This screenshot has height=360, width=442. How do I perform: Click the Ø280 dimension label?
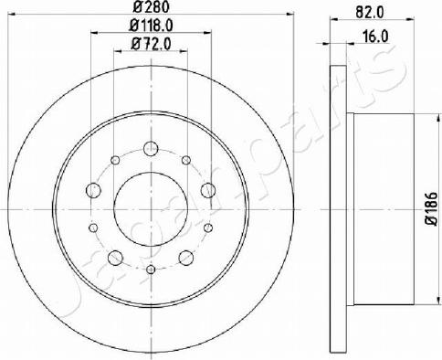151,7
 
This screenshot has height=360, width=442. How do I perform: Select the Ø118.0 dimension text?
151,26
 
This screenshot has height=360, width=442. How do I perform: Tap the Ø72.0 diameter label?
151,44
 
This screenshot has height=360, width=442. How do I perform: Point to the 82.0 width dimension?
372,13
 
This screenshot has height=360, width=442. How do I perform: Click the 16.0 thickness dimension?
375,37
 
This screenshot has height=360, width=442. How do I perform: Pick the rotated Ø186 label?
432,209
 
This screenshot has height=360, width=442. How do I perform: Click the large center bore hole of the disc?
151,209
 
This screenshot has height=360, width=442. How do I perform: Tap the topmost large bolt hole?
151,149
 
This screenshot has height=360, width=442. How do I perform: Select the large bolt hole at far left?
93,191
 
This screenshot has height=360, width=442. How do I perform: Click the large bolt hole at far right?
208,191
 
